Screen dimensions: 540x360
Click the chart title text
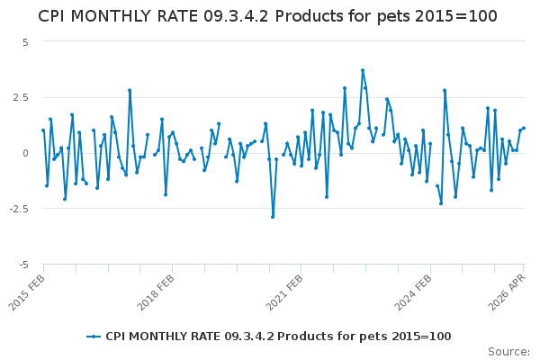coord(267,16)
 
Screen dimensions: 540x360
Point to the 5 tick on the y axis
coord(25,42)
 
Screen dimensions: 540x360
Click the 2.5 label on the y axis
coord(21,97)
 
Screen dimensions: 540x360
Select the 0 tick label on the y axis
coord(25,153)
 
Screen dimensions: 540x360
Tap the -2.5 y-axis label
coord(19,209)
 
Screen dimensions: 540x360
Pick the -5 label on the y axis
coord(23,265)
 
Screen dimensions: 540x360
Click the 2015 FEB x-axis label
coord(26,292)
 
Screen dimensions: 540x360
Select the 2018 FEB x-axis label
coord(156,292)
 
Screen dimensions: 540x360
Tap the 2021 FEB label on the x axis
coord(284,292)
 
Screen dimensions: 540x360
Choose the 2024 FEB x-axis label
coord(413,292)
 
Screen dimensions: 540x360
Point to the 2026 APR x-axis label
coord(508,292)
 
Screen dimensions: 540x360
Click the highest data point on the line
coord(363,70)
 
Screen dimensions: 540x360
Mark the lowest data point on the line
coord(273,217)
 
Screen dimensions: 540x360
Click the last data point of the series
coord(524,128)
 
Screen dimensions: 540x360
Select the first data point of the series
coord(43,130)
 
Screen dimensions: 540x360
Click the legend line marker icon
coord(94,337)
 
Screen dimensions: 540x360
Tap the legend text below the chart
coord(278,337)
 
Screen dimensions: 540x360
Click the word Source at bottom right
coord(508,352)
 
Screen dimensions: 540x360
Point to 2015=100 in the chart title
coord(456,16)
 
